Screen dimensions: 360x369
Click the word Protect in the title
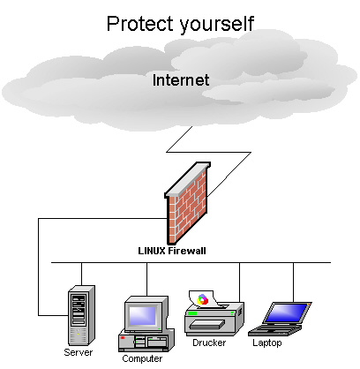[140, 24]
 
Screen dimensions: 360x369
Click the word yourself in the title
[216, 25]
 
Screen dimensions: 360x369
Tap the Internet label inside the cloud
[181, 80]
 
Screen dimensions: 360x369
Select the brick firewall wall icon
[187, 203]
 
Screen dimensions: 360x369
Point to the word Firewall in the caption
[187, 251]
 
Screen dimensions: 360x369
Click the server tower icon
[81, 315]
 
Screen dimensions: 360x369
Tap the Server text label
[79, 352]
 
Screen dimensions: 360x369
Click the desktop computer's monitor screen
[143, 316]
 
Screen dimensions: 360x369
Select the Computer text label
[142, 358]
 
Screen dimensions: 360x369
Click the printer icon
[214, 313]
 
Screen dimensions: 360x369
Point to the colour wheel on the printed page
[202, 299]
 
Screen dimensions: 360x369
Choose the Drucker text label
[209, 343]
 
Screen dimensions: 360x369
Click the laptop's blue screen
[286, 313]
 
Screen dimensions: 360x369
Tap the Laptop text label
[267, 343]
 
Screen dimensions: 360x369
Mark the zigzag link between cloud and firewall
[208, 152]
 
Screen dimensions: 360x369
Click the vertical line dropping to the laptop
[293, 282]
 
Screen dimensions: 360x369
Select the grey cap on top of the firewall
[188, 179]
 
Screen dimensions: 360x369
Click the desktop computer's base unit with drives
[146, 341]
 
